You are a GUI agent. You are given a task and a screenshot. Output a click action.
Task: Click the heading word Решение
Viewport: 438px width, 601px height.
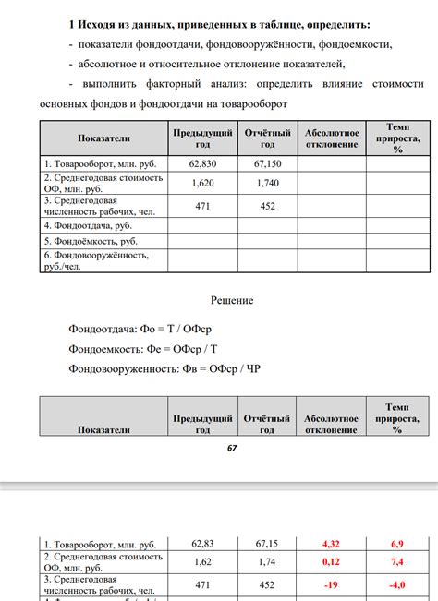coord(232,300)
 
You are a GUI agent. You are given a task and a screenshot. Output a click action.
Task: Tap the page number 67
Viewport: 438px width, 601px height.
coord(232,448)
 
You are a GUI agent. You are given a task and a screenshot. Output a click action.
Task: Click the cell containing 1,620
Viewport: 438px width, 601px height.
coord(201,183)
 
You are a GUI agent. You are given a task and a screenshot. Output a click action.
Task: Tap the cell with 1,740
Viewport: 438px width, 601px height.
coord(267,183)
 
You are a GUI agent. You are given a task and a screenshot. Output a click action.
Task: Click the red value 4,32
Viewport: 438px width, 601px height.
coord(331,544)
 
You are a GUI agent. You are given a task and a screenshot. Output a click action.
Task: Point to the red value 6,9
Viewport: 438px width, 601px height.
coord(396,544)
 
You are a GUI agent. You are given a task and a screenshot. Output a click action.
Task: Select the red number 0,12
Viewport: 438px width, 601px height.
coord(331,561)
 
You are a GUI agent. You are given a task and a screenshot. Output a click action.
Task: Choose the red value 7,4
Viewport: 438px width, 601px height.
coord(396,561)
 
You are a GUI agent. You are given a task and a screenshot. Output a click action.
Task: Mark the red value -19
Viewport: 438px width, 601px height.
coord(331,584)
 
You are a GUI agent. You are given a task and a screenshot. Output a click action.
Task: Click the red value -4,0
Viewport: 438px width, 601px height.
coord(396,584)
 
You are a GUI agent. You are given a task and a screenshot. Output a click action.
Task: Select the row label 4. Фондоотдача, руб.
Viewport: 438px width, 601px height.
coord(87,224)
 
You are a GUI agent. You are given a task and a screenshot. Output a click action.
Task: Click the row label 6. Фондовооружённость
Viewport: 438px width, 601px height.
coord(95,255)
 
